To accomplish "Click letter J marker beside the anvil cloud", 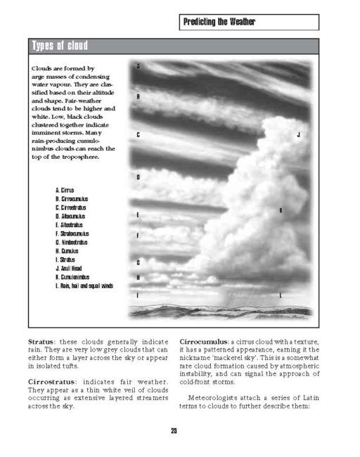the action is pos(298,134).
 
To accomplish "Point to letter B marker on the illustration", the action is pos(138,96).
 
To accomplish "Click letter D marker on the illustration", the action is pos(138,177).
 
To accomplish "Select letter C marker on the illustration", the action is pos(138,134).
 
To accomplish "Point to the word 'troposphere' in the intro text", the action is pos(77,157).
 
